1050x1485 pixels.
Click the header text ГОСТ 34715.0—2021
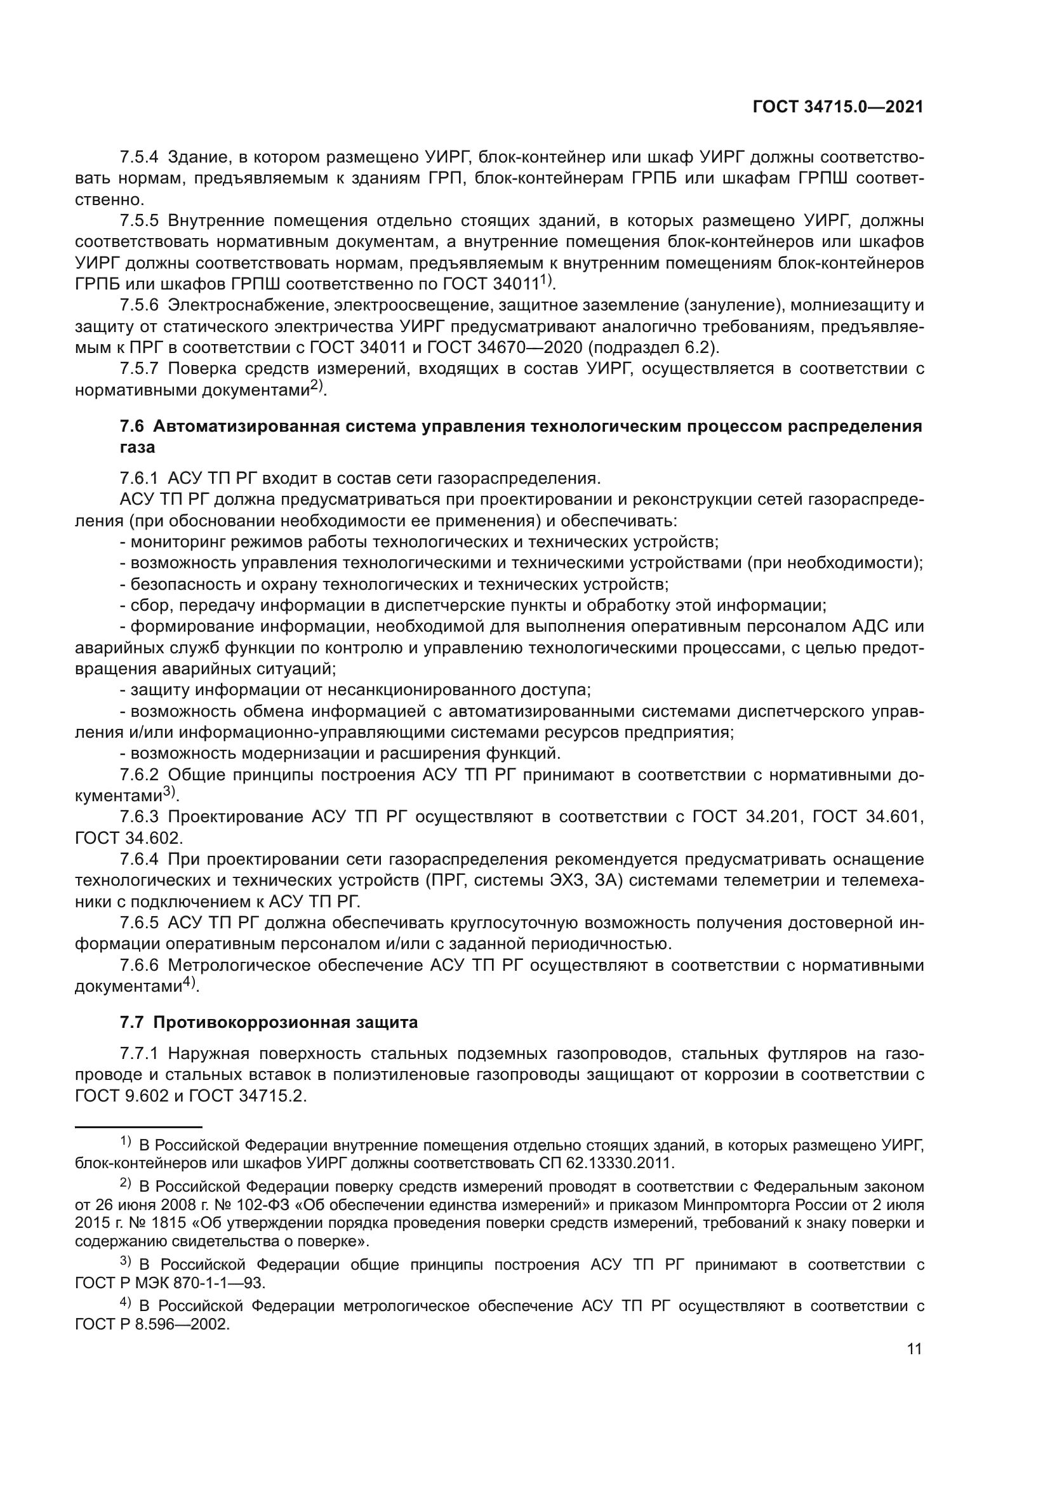point(837,107)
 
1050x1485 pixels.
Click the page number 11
point(914,1348)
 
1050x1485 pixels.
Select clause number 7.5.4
point(139,157)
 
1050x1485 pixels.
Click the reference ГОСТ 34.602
point(129,837)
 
